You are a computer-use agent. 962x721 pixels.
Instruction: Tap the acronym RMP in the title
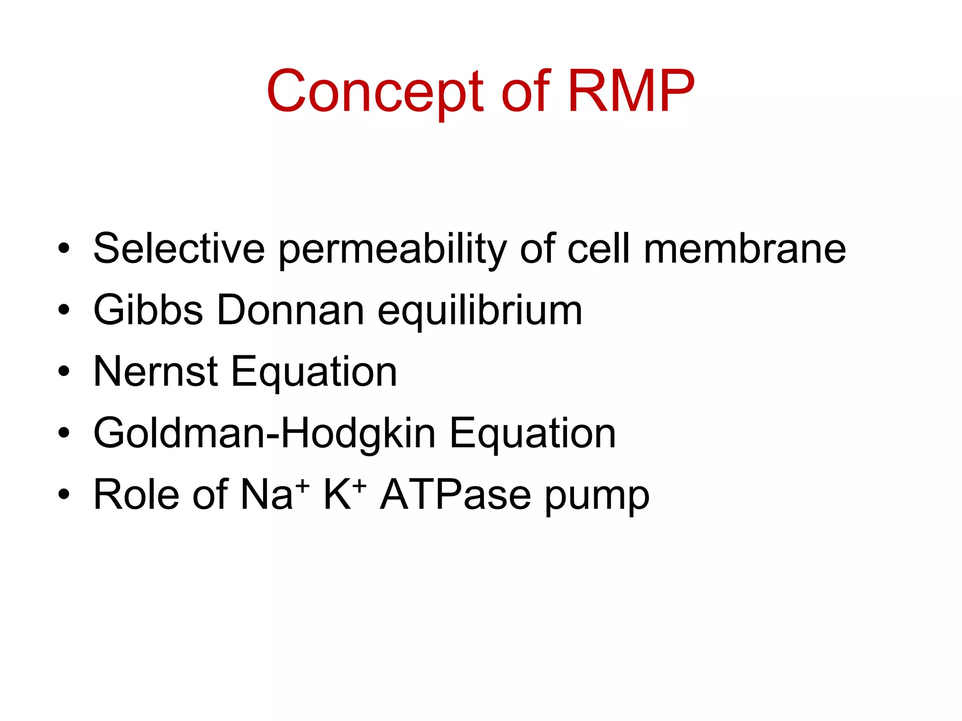coord(631,92)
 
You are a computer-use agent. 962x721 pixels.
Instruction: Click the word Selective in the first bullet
coord(179,248)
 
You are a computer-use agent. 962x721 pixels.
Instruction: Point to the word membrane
coord(745,248)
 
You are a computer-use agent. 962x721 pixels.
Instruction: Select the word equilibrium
coord(480,311)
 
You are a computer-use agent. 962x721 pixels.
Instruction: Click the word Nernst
coord(155,372)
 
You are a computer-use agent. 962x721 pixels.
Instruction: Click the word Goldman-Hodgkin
coord(264,433)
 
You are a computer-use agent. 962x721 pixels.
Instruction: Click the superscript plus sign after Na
coord(303,485)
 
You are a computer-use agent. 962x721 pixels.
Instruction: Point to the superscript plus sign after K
coord(359,485)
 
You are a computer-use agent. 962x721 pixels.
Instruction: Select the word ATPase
coord(456,495)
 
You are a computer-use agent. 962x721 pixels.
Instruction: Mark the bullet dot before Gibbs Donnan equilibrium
coord(64,310)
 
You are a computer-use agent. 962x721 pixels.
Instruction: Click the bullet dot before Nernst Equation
coord(64,372)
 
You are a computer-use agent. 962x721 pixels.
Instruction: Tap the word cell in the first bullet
coord(598,248)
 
